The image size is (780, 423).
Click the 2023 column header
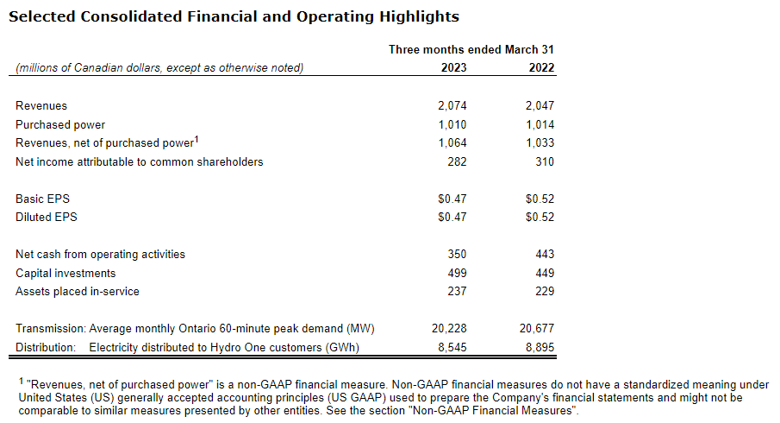(x=453, y=67)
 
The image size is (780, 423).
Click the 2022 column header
(x=541, y=67)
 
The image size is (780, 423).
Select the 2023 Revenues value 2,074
(x=452, y=105)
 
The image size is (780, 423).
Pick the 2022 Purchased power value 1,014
(x=540, y=124)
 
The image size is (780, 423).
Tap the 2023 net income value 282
(x=457, y=161)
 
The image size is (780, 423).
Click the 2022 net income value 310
(x=545, y=161)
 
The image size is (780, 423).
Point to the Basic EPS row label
(x=42, y=199)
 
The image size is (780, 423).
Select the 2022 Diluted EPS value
(x=540, y=217)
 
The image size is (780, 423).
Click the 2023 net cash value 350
(x=457, y=254)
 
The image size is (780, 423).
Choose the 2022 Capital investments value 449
(x=545, y=273)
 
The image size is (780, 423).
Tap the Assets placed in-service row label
(x=78, y=291)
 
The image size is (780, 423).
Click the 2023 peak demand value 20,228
(x=449, y=328)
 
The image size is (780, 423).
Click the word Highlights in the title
(x=415, y=16)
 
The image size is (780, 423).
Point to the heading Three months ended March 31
(x=471, y=49)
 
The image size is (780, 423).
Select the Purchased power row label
(x=60, y=124)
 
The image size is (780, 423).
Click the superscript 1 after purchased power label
(x=197, y=139)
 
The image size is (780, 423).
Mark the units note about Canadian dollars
(x=159, y=67)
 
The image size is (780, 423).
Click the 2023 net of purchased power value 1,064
(x=452, y=143)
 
